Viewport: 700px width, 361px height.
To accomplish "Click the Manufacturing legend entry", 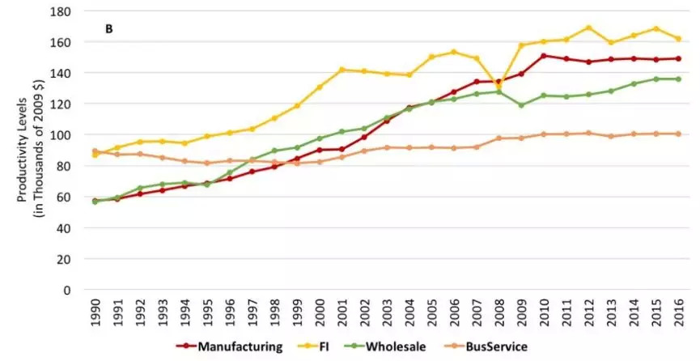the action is point(229,346).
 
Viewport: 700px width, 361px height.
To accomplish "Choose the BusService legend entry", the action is point(486,346).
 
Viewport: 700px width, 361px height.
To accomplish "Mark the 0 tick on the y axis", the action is point(67,290).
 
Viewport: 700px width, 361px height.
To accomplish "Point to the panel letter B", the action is point(109,29).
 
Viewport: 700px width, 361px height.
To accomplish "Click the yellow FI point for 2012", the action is point(588,28).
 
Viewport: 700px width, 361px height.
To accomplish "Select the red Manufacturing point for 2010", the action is point(544,56).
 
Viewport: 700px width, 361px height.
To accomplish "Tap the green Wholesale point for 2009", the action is point(521,105).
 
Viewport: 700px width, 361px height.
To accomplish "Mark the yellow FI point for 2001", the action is point(342,70).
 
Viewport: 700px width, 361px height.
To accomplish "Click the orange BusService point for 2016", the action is point(679,134).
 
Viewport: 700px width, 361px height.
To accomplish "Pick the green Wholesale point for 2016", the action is point(679,79).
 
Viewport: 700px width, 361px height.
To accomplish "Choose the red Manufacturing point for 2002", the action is point(364,137).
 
